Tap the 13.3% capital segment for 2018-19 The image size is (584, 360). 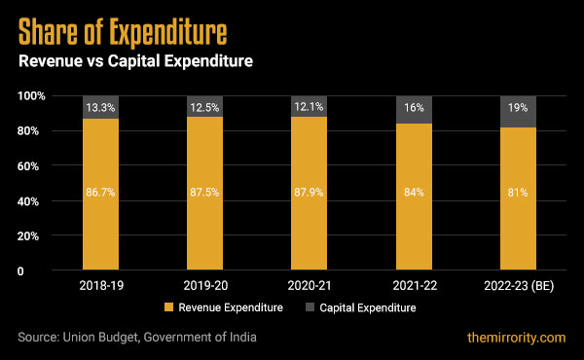[100, 107]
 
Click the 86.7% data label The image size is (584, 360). [100, 193]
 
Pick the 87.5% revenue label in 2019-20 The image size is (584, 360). [204, 193]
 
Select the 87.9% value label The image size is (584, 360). [309, 193]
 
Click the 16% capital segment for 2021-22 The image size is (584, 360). [413, 109]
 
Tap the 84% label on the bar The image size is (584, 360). [413, 193]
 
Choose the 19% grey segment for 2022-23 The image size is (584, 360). [517, 112]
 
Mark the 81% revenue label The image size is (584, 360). [517, 193]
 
